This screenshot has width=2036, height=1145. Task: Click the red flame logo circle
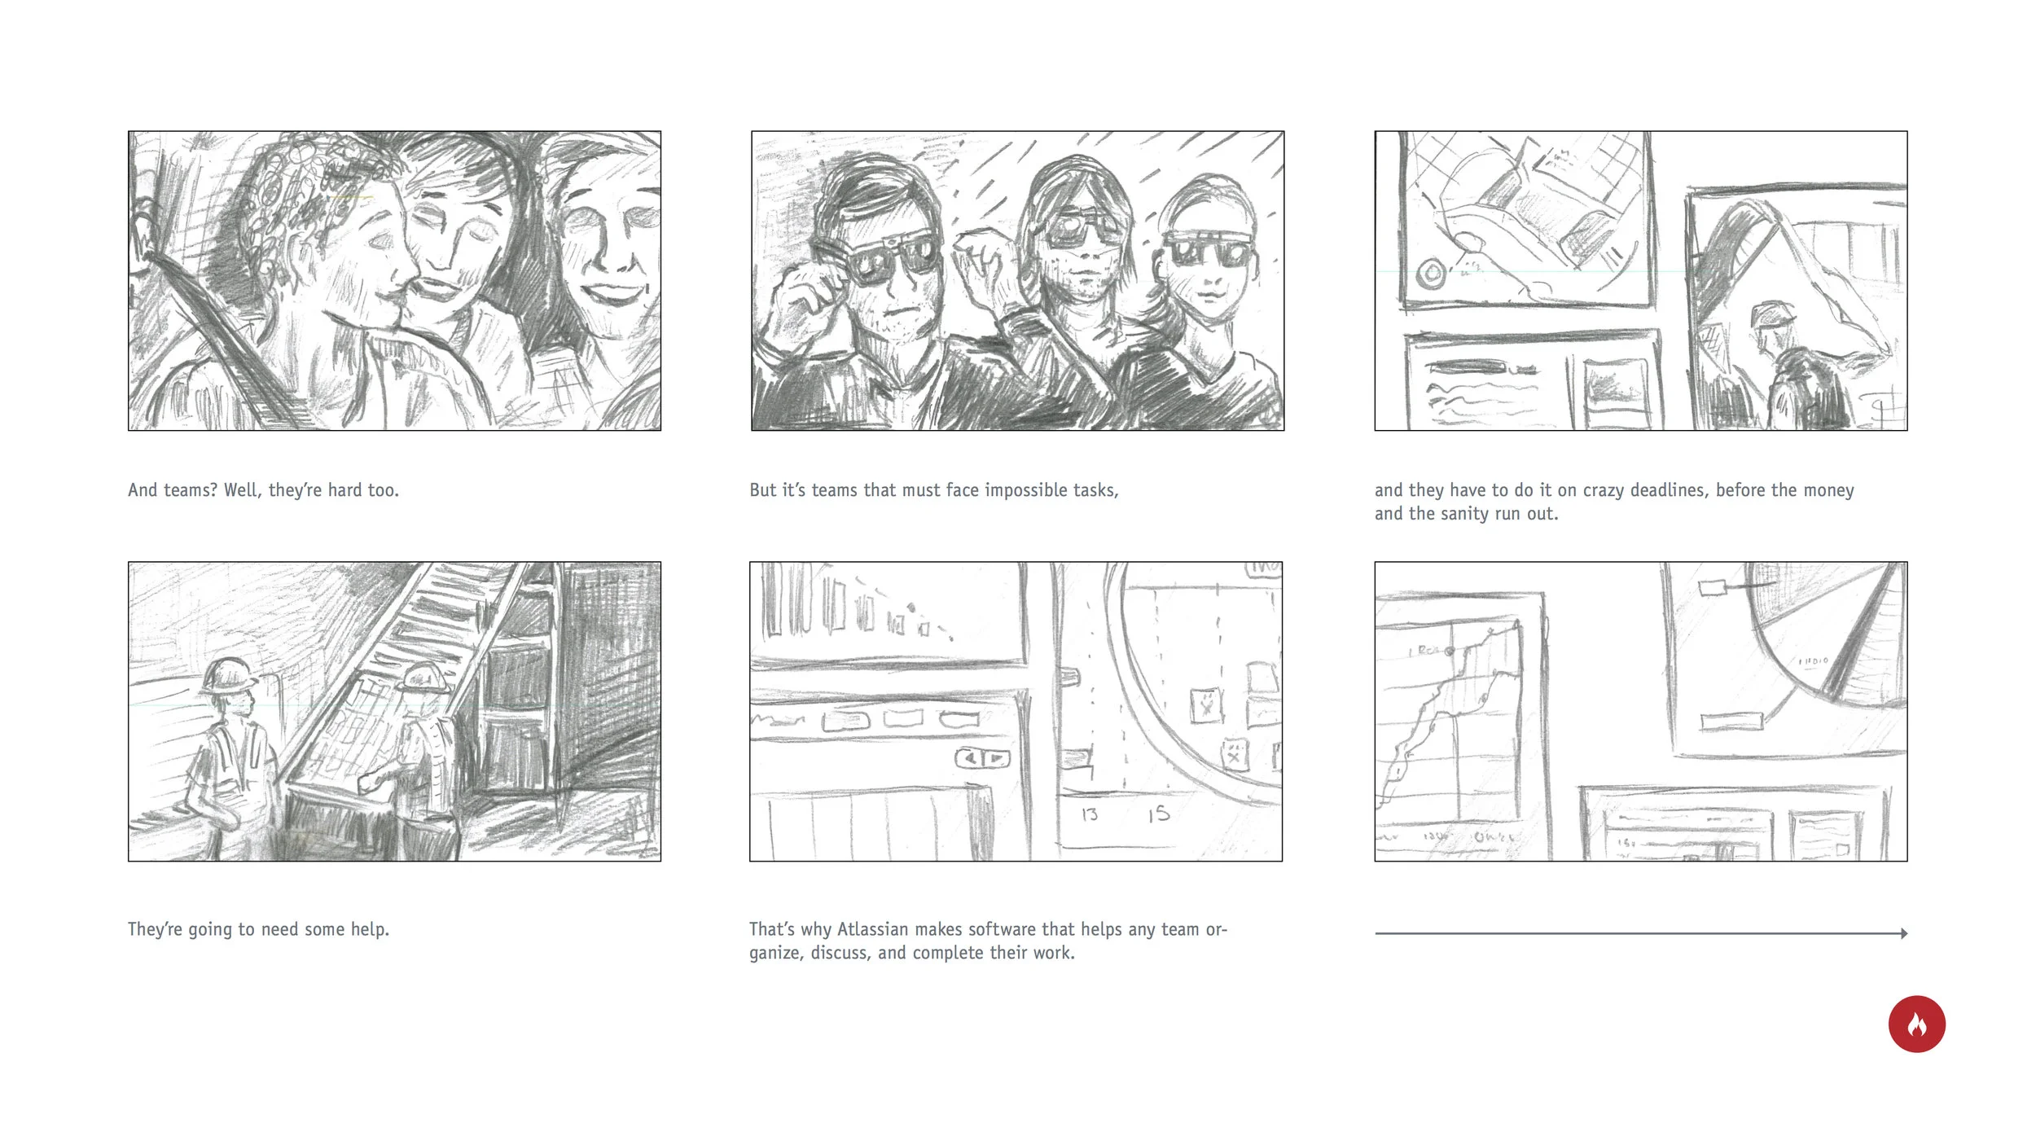pos(1916,1024)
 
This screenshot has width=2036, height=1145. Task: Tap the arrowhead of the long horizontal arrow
pos(1904,933)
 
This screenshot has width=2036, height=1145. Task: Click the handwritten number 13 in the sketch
pos(1090,814)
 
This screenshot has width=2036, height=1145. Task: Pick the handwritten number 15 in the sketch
pos(1159,814)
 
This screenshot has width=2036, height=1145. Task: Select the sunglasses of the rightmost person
pos(1207,248)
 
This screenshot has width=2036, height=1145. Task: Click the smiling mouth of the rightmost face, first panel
pos(612,292)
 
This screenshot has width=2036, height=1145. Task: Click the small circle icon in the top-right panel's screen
pos(1431,274)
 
